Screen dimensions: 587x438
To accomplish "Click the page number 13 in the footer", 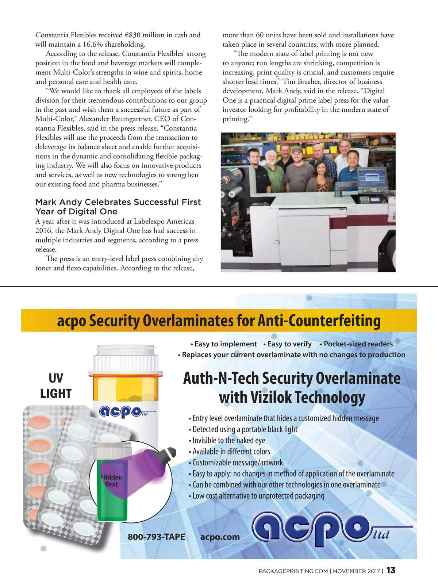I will point(391,570).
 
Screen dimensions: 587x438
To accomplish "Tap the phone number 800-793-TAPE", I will point(156,537).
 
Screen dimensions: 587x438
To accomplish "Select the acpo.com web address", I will point(220,537).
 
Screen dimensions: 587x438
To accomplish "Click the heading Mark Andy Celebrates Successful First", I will point(118,202).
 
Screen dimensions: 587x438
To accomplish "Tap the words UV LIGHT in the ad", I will point(55,385).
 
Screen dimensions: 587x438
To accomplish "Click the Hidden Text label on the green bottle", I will point(112,481).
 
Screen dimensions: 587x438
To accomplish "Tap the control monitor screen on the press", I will point(372,180).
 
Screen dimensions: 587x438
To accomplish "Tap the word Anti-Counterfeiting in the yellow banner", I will point(319,321).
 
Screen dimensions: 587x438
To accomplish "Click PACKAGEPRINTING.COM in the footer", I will point(293,571).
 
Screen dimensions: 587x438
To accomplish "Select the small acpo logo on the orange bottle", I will point(122,412).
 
